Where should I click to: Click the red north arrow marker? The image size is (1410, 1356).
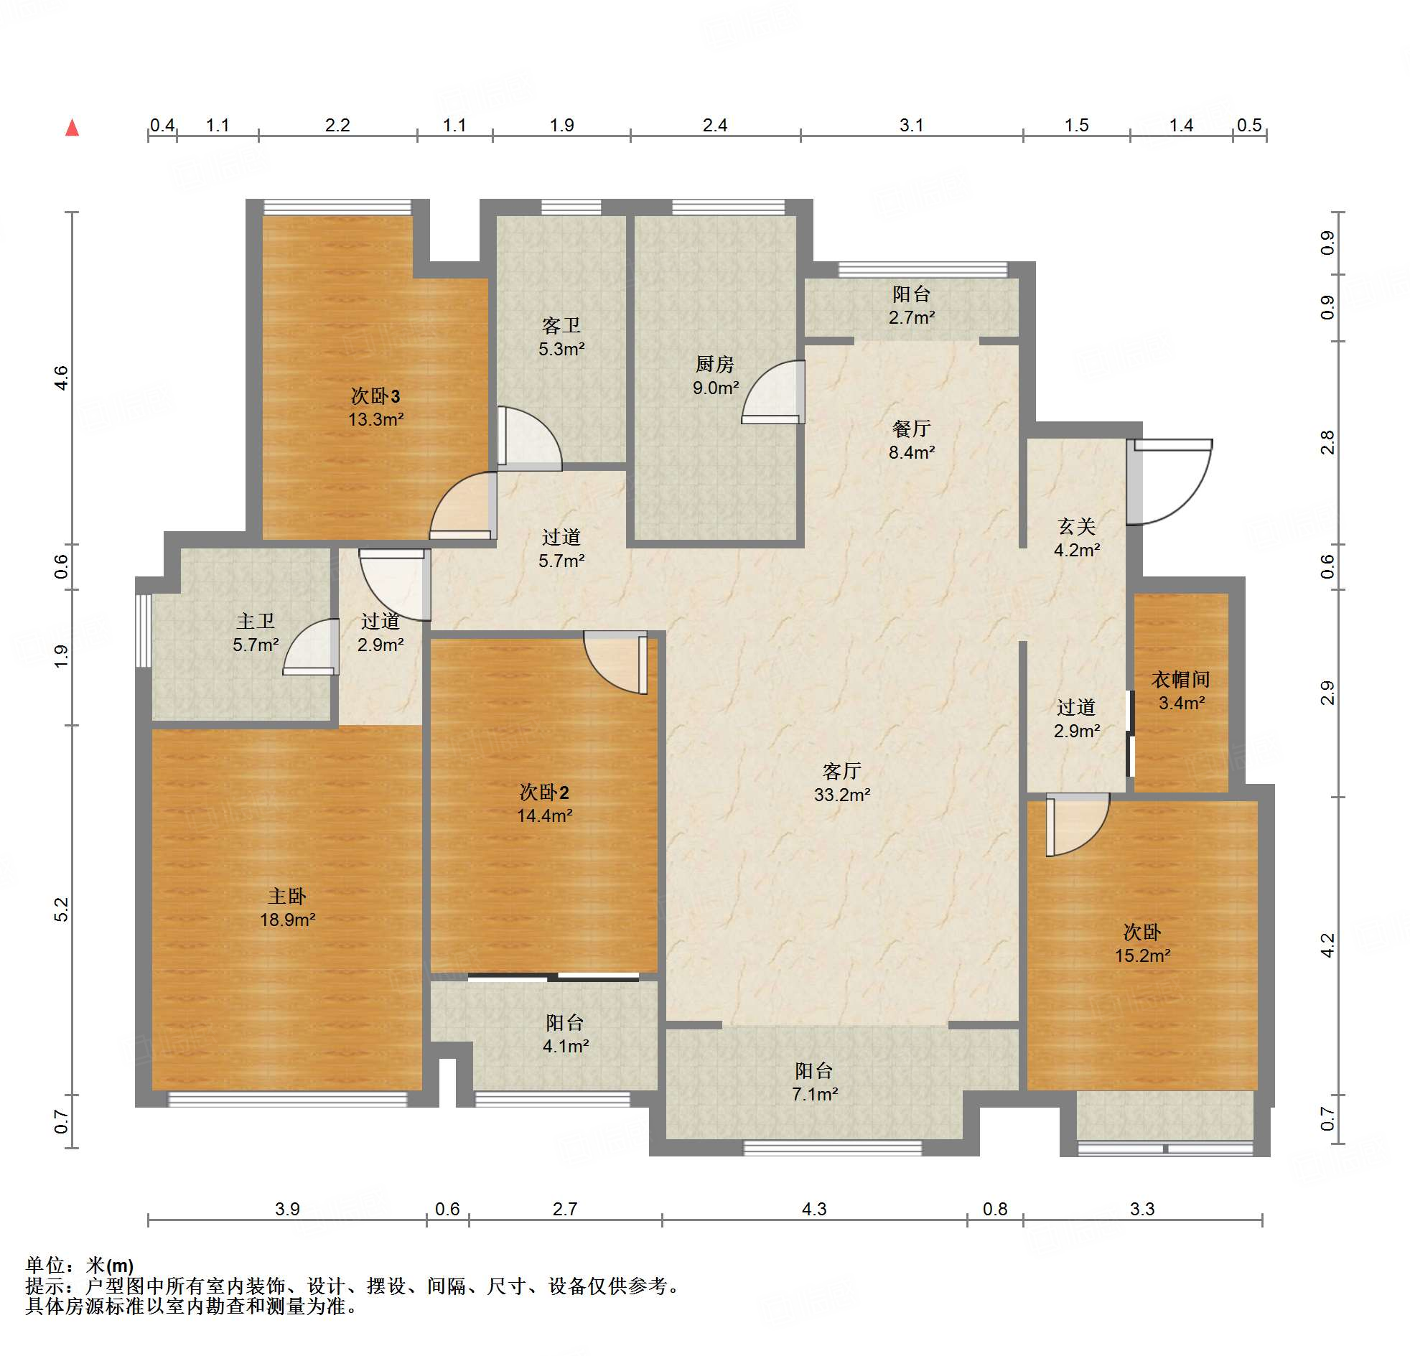click(72, 128)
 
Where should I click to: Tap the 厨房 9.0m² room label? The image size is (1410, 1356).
click(715, 375)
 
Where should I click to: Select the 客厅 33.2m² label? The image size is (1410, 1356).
click(841, 782)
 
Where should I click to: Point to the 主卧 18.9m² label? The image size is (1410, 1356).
click(287, 907)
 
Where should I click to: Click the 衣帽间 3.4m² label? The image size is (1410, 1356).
click(1180, 691)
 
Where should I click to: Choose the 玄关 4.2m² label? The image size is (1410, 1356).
click(1077, 538)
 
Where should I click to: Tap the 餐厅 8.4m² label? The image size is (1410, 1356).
click(912, 440)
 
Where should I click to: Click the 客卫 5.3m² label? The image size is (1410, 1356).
click(561, 337)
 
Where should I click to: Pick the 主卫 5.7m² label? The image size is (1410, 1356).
click(256, 632)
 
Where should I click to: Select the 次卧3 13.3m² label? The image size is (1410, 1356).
click(375, 406)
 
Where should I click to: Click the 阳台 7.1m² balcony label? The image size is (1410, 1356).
click(814, 1082)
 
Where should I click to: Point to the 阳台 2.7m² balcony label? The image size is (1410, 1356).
click(912, 305)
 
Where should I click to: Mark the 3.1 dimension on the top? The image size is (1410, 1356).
click(912, 125)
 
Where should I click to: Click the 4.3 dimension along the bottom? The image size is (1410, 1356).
click(814, 1209)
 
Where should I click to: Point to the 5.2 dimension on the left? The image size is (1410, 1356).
click(62, 910)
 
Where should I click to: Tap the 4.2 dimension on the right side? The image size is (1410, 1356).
click(1328, 945)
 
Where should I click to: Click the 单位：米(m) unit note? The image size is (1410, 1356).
click(80, 1265)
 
